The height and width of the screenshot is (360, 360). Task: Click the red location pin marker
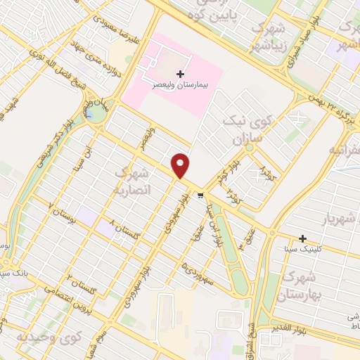click(181, 165)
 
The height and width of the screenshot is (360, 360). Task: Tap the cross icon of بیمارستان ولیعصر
click(181, 73)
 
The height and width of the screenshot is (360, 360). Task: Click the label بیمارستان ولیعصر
click(181, 83)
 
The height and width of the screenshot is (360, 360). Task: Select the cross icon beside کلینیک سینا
click(303, 238)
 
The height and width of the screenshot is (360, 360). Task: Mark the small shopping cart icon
click(201, 196)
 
